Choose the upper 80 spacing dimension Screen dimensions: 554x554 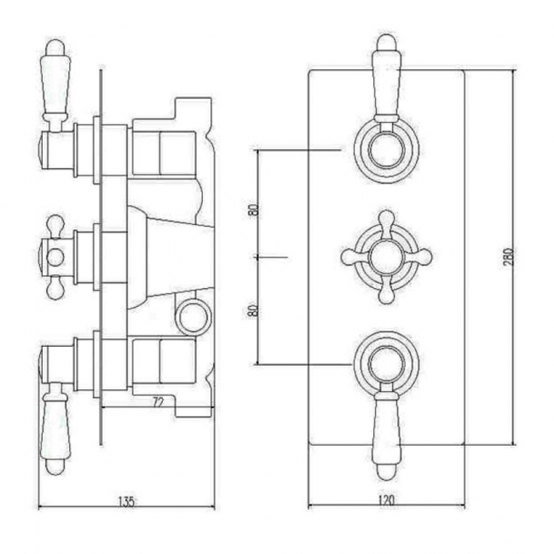[253, 211]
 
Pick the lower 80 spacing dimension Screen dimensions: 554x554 [253, 309]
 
